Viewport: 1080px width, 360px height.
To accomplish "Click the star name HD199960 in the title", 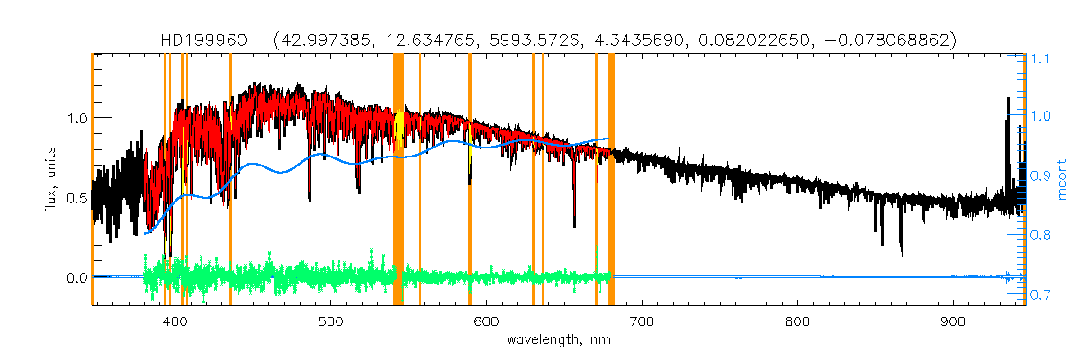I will (193, 40).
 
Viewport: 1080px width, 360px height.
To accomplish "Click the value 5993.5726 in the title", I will (533, 40).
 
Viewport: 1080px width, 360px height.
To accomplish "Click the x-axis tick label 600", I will (487, 321).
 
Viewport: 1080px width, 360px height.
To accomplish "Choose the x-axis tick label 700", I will (642, 321).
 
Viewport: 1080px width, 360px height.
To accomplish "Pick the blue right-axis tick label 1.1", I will (1040, 58).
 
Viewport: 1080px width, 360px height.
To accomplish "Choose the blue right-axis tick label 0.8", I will (1040, 236).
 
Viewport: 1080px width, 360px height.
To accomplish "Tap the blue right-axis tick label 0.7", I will (1040, 295).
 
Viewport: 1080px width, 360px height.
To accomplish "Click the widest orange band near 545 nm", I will (399, 180).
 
